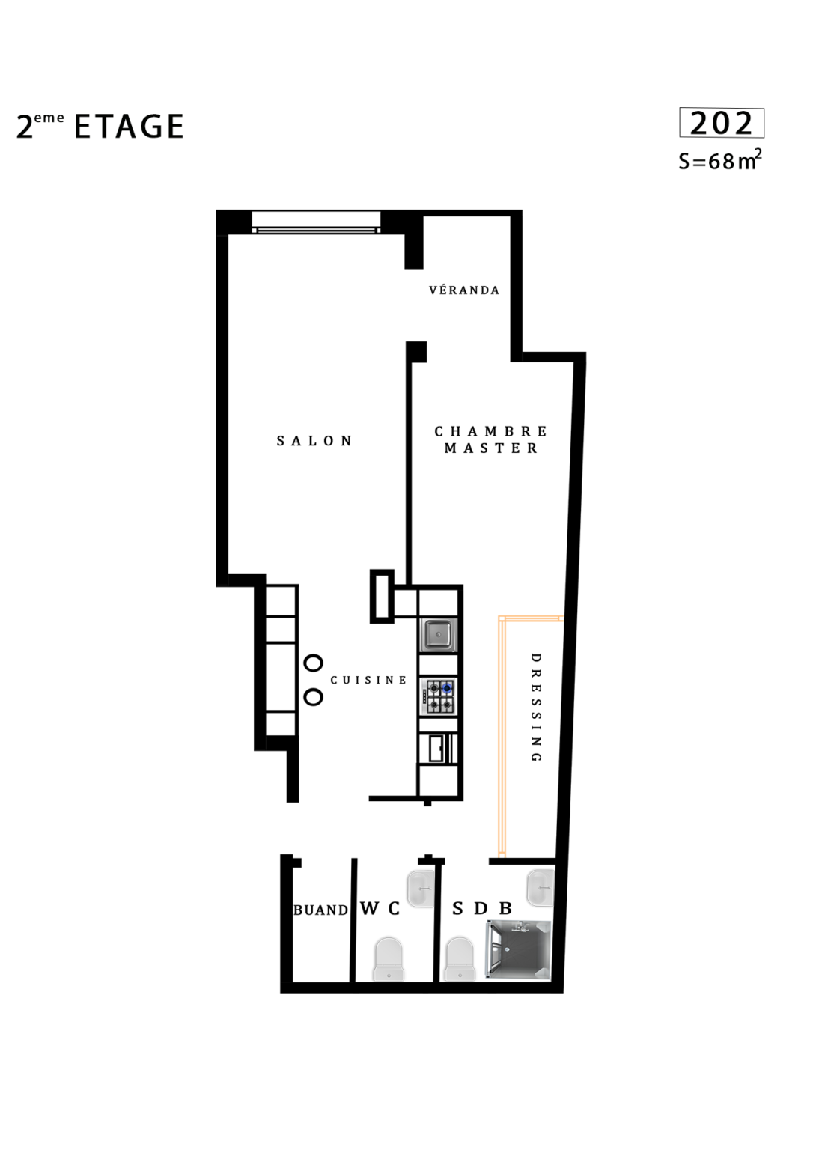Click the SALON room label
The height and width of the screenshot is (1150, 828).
(314, 441)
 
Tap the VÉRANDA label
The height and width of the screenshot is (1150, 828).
(464, 290)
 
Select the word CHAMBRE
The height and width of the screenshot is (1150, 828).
(491, 431)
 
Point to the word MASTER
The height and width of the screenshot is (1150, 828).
(491, 448)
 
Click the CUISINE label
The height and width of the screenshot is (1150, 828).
(368, 681)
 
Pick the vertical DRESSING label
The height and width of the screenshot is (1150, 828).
(536, 708)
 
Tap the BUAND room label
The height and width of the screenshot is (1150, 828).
(321, 910)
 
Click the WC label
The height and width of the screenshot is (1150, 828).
(380, 908)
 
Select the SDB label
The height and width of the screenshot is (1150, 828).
(482, 909)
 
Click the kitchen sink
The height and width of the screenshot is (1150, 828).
(439, 635)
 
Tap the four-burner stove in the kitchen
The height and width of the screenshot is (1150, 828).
(439, 697)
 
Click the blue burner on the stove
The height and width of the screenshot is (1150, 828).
(447, 688)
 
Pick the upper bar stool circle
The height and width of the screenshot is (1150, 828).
(313, 663)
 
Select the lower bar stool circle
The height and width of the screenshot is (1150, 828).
(313, 697)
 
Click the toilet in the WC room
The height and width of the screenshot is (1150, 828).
(389, 959)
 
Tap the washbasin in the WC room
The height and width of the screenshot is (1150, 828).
(421, 889)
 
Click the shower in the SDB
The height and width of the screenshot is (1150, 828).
(519, 950)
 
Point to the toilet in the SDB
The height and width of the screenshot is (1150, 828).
(459, 959)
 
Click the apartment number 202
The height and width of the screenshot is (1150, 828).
(721, 124)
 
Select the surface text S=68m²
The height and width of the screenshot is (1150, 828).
(720, 160)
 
